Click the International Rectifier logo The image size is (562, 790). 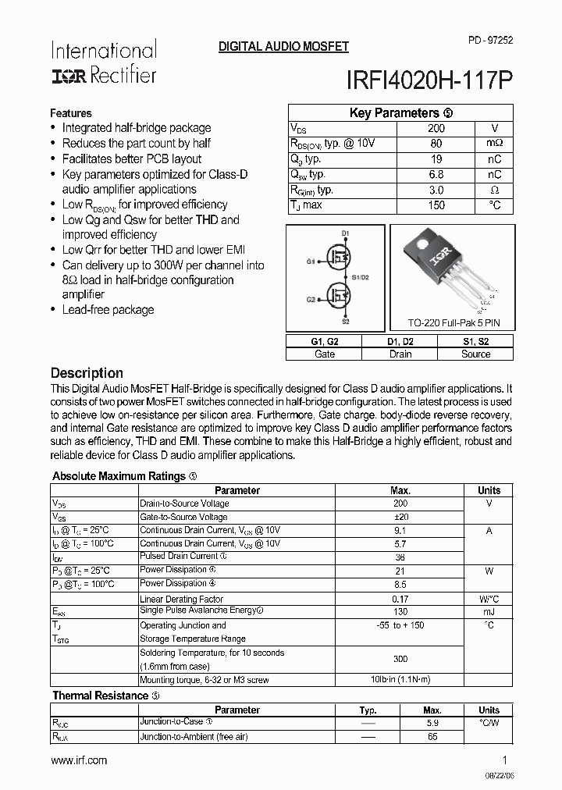[103, 62]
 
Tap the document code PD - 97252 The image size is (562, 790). [491, 39]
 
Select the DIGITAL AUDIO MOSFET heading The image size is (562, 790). [283, 47]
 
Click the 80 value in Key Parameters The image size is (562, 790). [436, 144]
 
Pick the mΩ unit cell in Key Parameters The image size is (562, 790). [494, 144]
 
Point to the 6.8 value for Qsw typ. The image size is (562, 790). [436, 174]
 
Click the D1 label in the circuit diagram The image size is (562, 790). [345, 233]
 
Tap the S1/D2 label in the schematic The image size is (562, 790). [360, 277]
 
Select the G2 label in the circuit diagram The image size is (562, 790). [311, 299]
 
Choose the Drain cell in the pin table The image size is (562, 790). [400, 354]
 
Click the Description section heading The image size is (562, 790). [87, 373]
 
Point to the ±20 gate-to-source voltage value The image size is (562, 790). [400, 518]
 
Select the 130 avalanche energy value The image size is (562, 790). [400, 612]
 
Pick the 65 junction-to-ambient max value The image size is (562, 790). [432, 736]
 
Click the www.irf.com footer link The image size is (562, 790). [79, 760]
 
